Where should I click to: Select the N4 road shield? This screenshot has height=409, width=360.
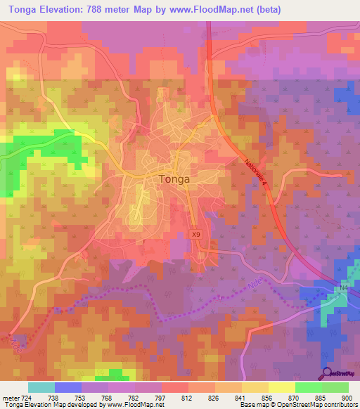tap(344, 288)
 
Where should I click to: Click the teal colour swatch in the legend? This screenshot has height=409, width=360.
tap(41, 387)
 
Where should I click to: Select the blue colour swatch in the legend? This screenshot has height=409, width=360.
tap(67, 387)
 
